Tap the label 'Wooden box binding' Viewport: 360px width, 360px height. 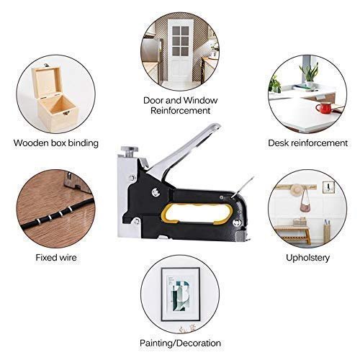[x=56, y=143]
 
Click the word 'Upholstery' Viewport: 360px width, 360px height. [x=307, y=258]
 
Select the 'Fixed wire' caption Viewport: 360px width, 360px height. [x=56, y=258]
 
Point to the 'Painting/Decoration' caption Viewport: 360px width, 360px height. [x=180, y=343]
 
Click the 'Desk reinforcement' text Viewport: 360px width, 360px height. [x=307, y=143]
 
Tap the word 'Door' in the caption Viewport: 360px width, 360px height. [x=153, y=100]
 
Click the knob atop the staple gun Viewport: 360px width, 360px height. [x=130, y=150]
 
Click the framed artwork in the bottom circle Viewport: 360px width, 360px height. [x=181, y=294]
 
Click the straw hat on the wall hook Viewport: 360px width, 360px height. [x=297, y=189]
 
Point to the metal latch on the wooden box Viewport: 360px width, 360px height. [x=66, y=112]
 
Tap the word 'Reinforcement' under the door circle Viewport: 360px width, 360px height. [x=180, y=111]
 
